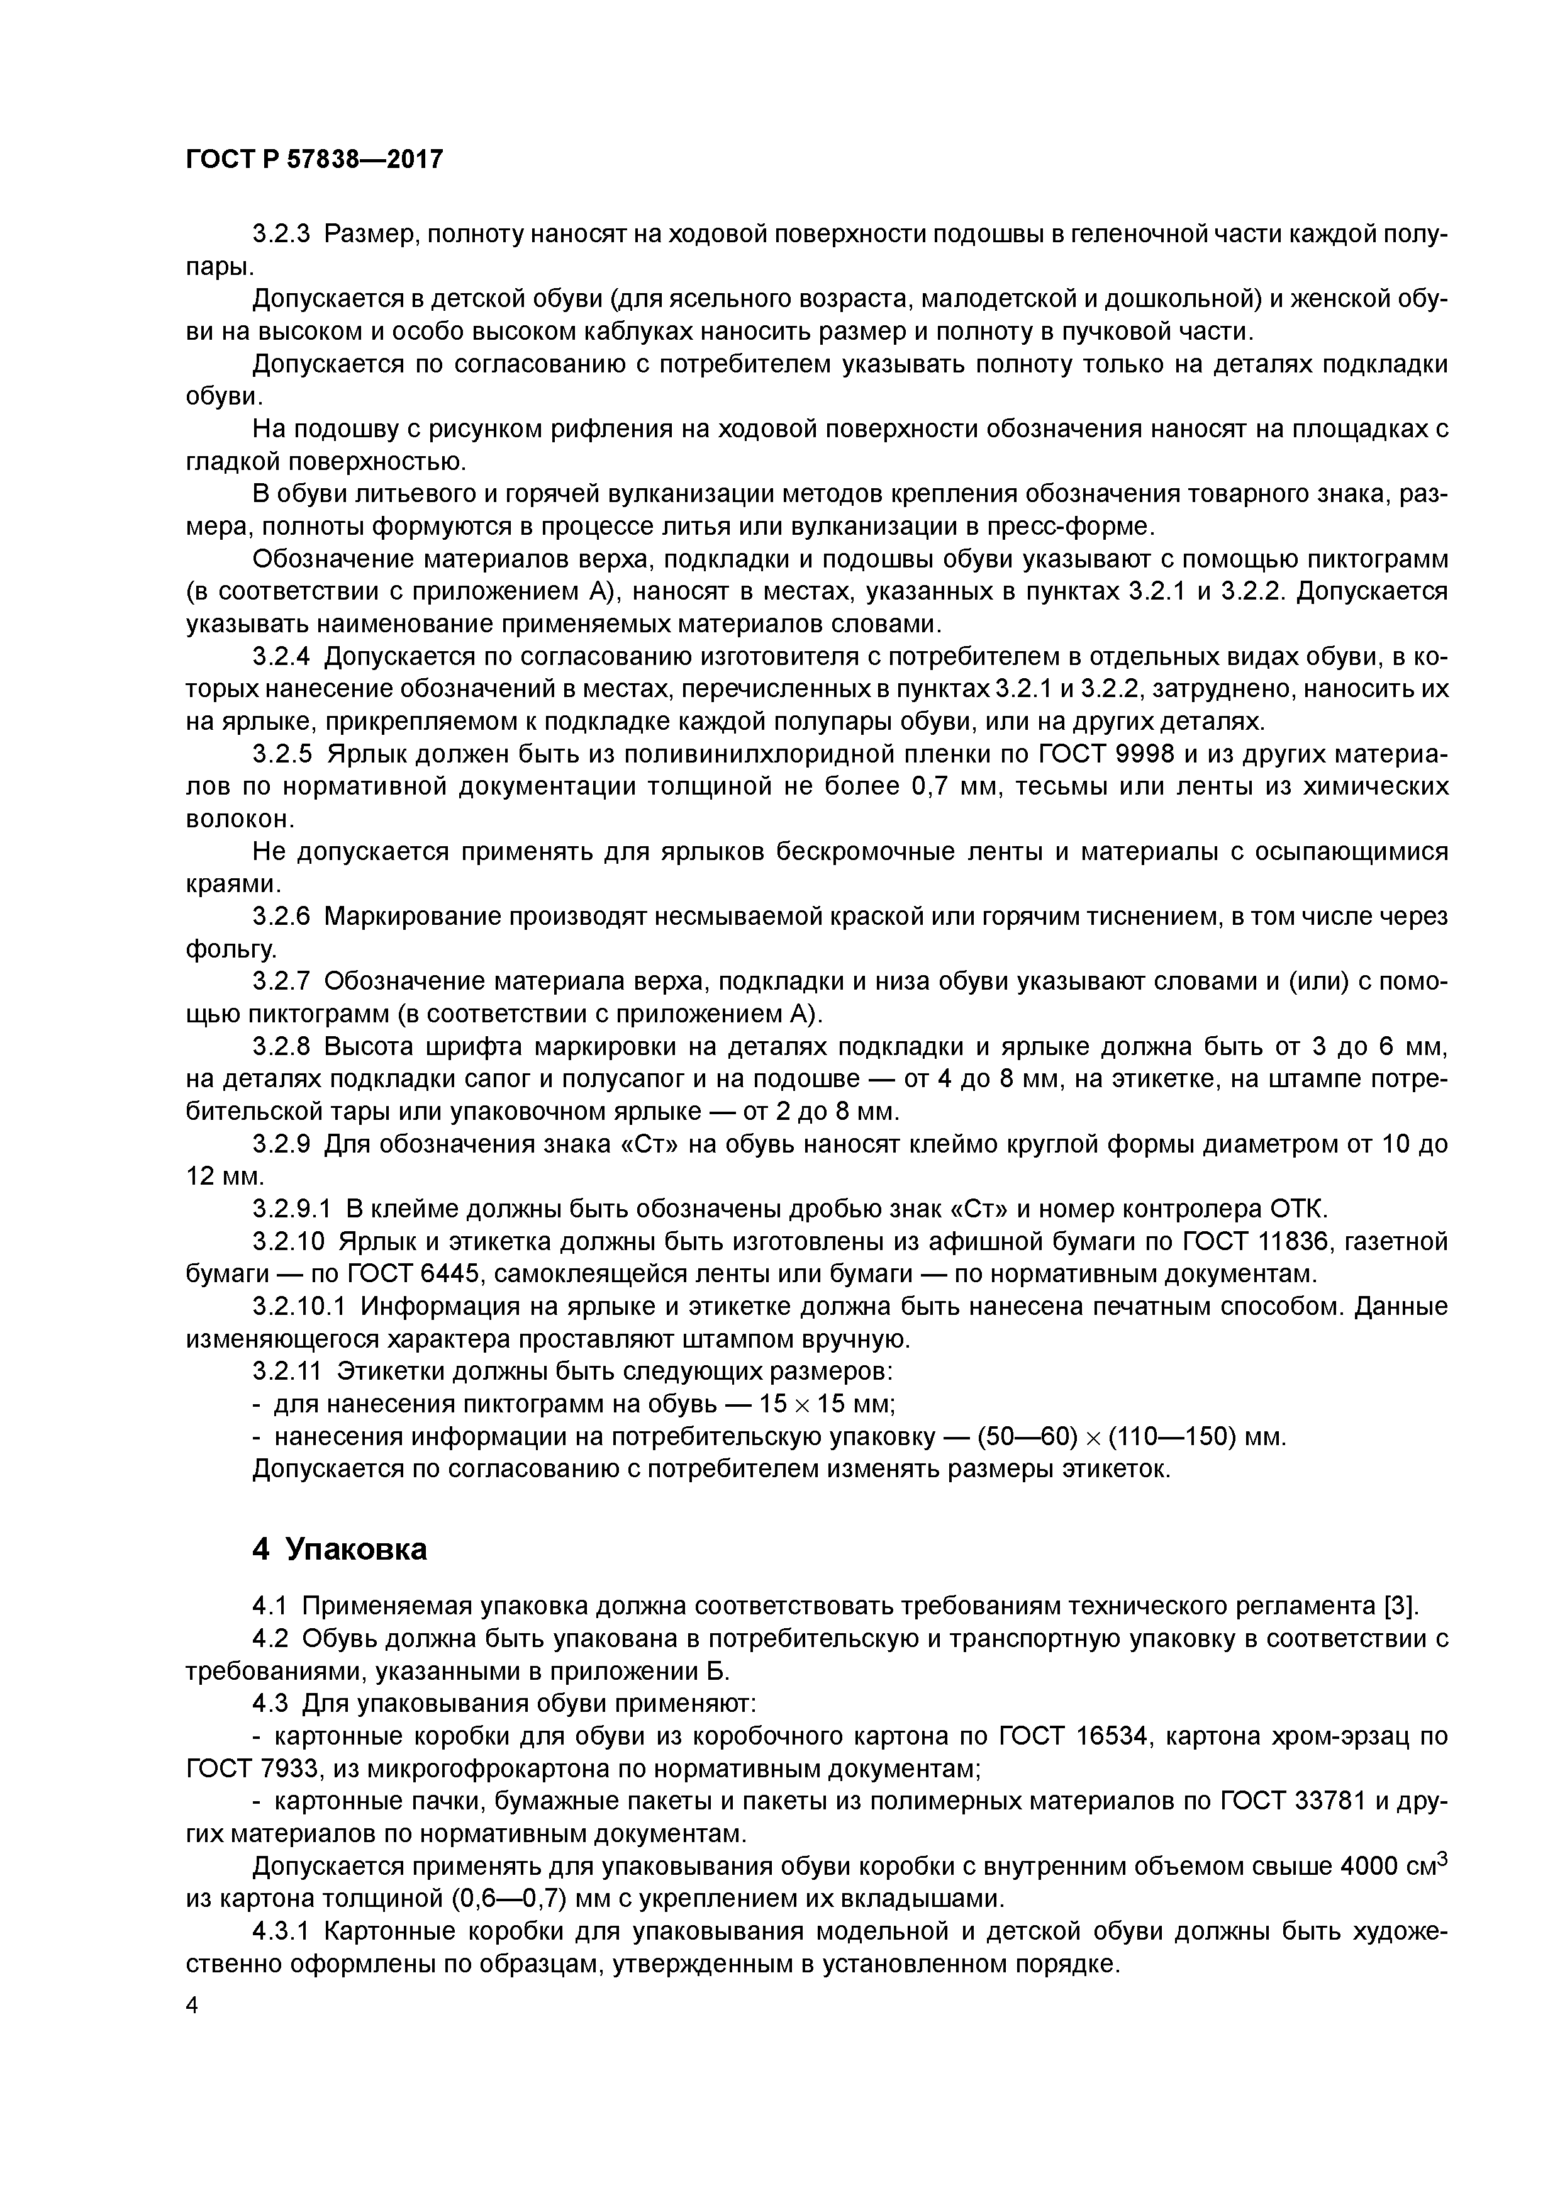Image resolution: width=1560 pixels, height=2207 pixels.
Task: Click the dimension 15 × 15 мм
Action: click(826, 1404)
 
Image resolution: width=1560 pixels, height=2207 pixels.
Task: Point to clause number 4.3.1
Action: click(282, 1931)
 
